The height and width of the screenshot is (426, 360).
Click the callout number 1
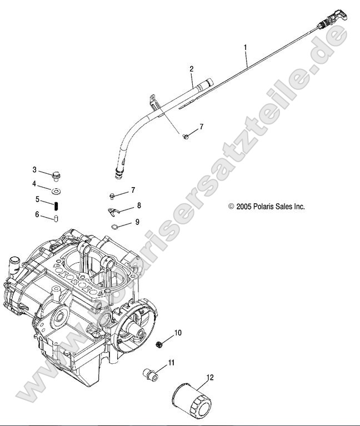(x=246, y=48)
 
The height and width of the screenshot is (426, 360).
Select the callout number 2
(x=191, y=69)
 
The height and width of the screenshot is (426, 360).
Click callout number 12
(x=210, y=378)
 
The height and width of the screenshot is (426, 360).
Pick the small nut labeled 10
(x=160, y=343)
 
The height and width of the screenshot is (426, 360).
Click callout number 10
(x=178, y=333)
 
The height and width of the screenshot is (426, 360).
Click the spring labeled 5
(x=56, y=205)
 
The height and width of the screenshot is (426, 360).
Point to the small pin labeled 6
(x=56, y=217)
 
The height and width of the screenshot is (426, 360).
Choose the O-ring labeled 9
(x=114, y=226)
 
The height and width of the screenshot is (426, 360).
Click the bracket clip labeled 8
(x=114, y=211)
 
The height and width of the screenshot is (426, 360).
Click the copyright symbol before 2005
(x=231, y=207)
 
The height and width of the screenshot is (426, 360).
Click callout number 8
(x=138, y=206)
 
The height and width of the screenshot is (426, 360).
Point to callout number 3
(x=34, y=170)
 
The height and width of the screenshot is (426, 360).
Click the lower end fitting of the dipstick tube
(x=118, y=176)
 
